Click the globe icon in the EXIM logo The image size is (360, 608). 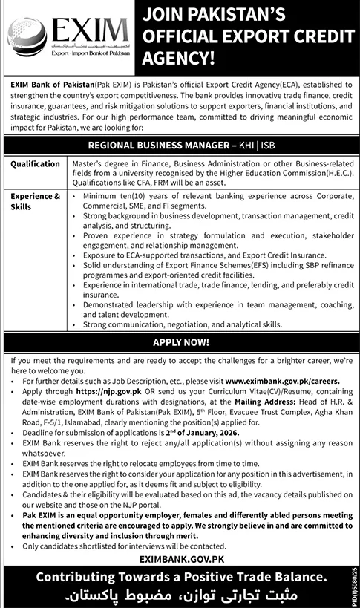click(24, 36)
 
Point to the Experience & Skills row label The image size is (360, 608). click(35, 200)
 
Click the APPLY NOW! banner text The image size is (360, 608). click(180, 344)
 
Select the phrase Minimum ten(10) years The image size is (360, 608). click(123, 196)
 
